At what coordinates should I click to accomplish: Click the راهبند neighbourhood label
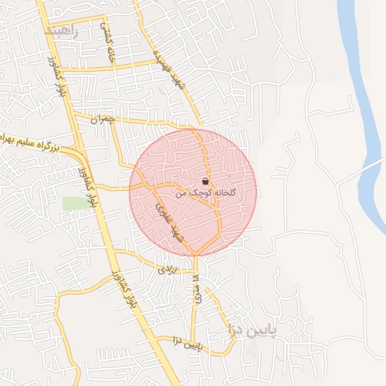[62, 31]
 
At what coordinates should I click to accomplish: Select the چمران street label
[105, 119]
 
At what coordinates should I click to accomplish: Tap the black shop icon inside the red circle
[206, 182]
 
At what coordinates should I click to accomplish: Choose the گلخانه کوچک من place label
[206, 193]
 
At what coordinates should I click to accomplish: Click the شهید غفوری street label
[170, 222]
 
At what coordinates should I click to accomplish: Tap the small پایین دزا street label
[188, 345]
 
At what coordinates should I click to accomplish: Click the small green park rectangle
[74, 204]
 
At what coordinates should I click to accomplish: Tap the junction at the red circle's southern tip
[195, 253]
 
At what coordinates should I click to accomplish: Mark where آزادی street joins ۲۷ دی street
[195, 271]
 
